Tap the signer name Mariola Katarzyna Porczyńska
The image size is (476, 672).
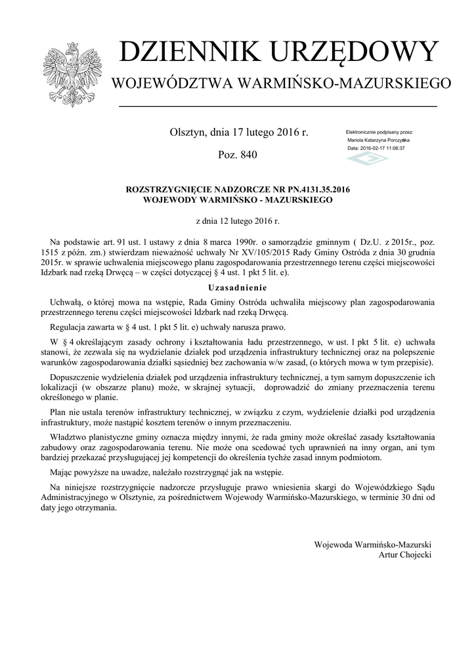[x=379, y=140]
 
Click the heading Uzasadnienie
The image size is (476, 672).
[x=238, y=287]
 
